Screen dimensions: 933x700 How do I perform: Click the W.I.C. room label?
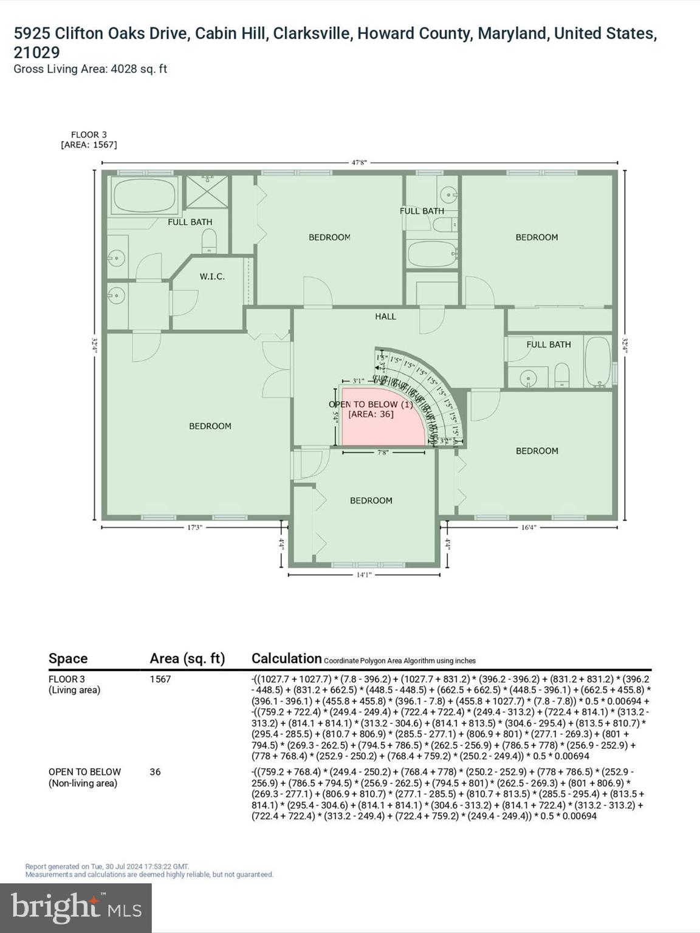(212, 276)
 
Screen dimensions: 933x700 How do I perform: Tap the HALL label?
(385, 316)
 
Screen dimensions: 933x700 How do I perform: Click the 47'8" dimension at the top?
(359, 163)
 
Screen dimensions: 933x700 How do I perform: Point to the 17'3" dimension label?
(194, 528)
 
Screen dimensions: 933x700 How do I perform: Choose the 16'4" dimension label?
(529, 528)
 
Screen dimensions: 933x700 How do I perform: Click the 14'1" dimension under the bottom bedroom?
(363, 575)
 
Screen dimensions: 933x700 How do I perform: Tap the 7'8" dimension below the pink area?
(383, 453)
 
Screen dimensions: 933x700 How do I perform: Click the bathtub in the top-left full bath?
(144, 196)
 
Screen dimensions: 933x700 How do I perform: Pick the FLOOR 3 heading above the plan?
(86, 135)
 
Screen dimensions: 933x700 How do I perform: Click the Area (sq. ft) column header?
(187, 658)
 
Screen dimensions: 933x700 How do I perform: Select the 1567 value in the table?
(160, 679)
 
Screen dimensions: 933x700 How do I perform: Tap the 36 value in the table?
(156, 772)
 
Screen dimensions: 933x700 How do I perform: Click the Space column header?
(68, 658)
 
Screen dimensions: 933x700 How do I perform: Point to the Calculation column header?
(286, 658)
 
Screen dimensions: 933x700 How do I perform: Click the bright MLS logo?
(76, 907)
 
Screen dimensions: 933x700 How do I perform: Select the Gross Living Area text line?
(90, 69)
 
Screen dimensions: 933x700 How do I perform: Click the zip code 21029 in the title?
(36, 52)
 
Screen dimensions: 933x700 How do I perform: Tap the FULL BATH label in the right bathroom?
(549, 344)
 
